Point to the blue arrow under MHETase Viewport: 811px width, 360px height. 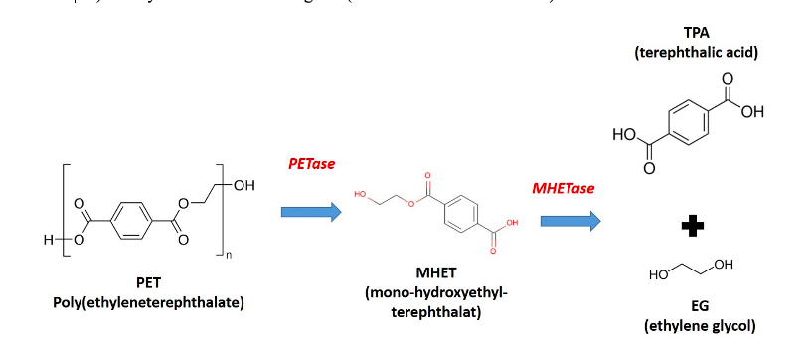(570, 221)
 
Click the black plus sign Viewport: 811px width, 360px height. (692, 228)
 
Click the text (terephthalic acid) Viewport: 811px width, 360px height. (696, 50)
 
